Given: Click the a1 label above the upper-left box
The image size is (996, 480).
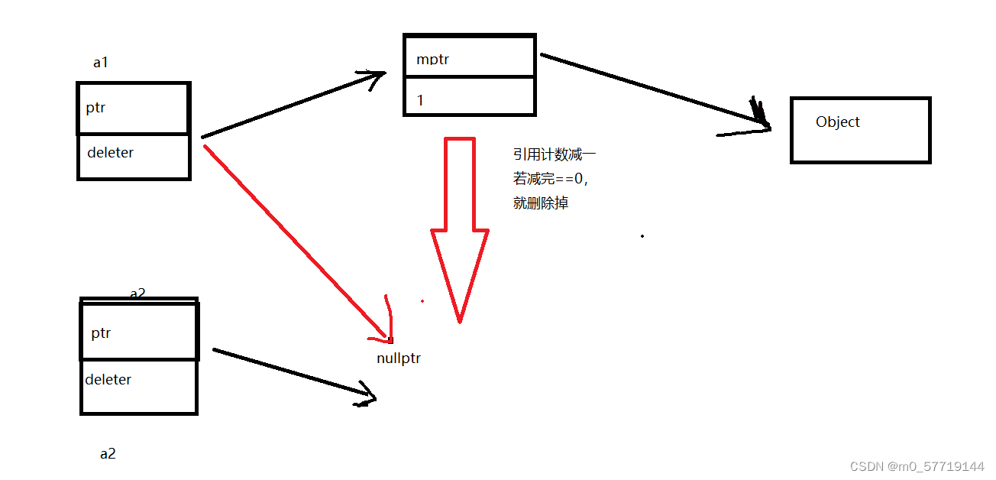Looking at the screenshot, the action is click(x=100, y=63).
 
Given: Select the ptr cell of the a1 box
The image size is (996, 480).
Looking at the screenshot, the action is click(x=134, y=108).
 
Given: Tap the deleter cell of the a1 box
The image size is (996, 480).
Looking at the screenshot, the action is click(x=134, y=156).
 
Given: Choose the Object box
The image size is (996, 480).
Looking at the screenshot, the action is click(x=860, y=131).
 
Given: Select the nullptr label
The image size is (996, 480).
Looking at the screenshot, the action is click(x=399, y=358).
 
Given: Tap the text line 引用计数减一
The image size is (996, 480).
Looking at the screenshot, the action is click(x=554, y=155).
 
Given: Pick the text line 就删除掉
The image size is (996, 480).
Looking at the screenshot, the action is click(x=541, y=203).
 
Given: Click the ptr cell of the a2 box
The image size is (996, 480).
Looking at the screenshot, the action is click(x=139, y=332).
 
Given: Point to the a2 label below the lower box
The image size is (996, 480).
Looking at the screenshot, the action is click(x=108, y=453).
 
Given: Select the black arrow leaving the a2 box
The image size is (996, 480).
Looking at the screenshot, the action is click(x=294, y=374).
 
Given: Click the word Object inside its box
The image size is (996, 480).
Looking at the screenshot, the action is click(x=837, y=122).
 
